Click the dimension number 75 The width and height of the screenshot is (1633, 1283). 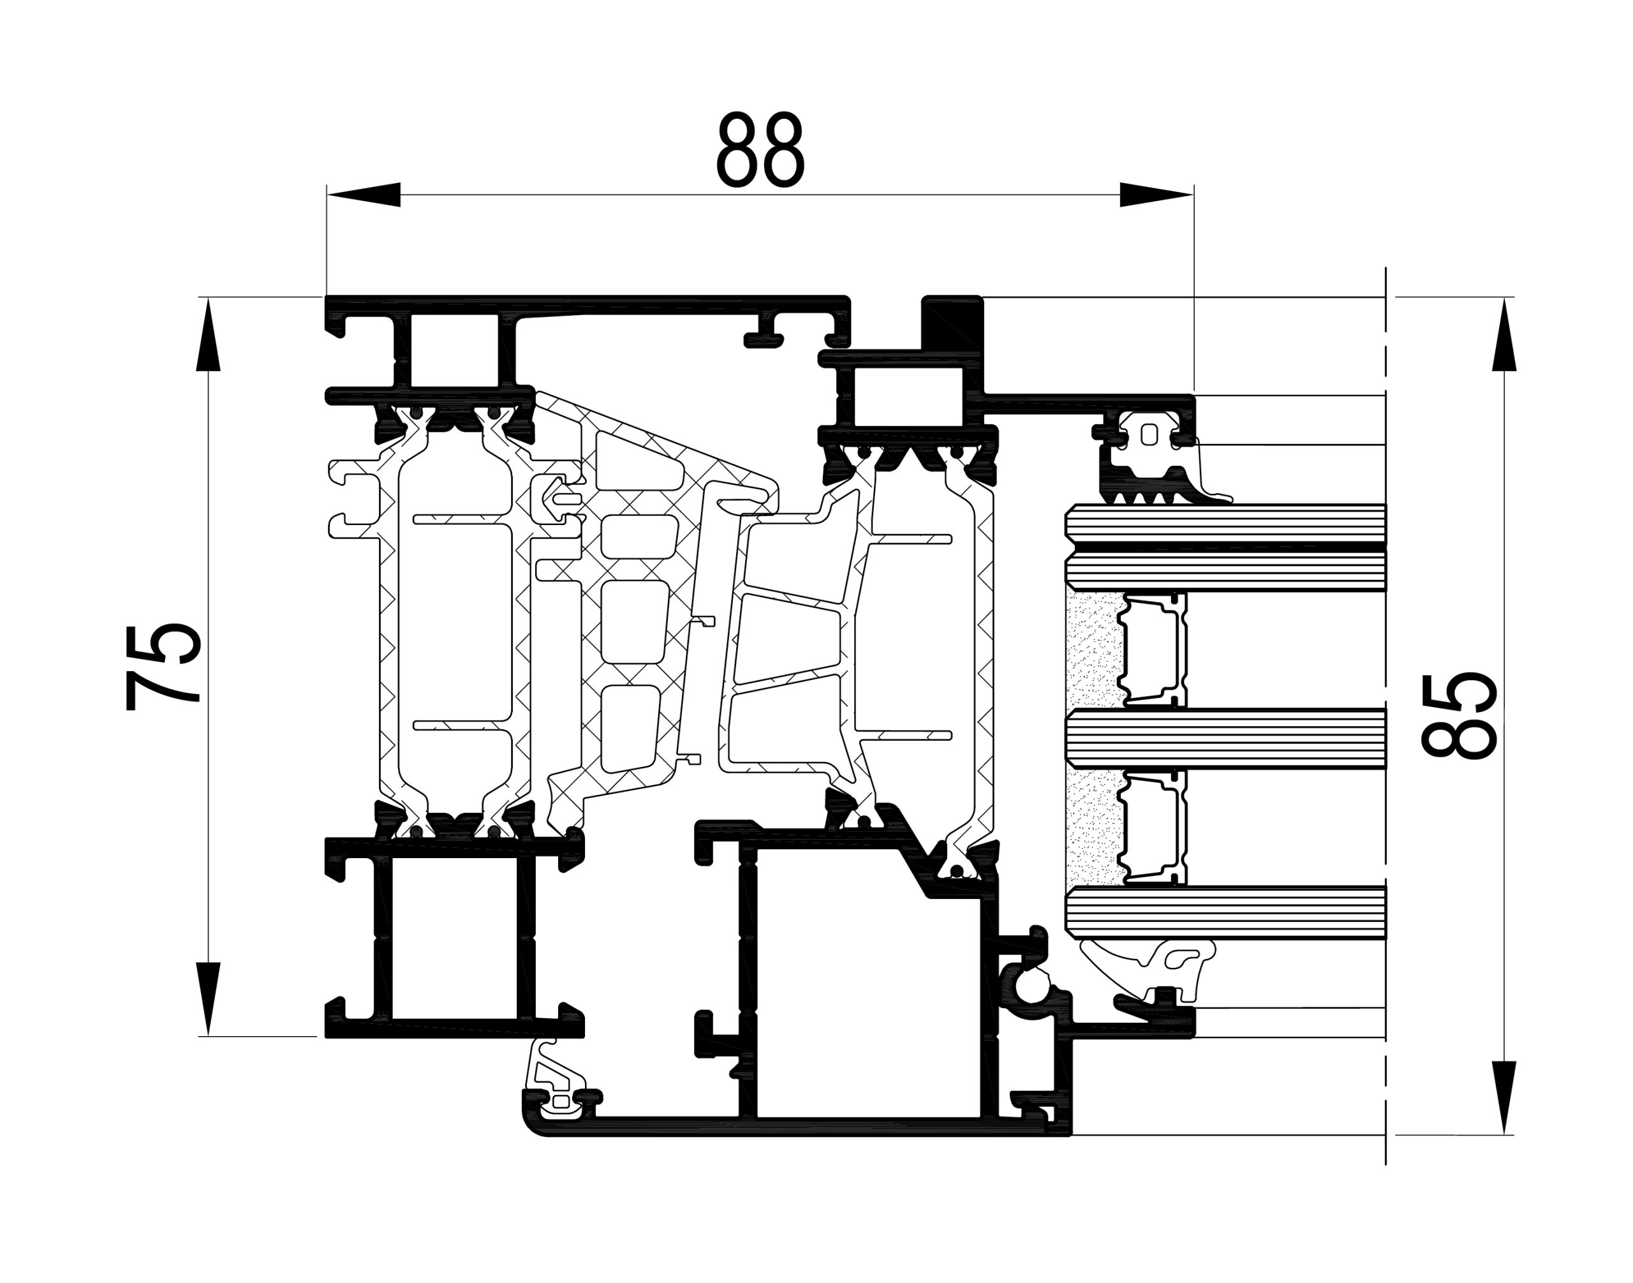click(x=164, y=665)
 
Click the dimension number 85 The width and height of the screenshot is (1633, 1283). click(x=1459, y=715)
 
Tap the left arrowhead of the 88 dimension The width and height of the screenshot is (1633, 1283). click(x=363, y=195)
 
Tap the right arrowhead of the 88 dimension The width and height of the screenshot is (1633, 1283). click(x=1156, y=195)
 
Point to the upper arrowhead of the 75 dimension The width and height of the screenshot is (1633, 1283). click(x=208, y=334)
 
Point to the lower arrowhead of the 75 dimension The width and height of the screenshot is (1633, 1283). click(x=208, y=999)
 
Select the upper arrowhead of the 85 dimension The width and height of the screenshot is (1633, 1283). click(x=1504, y=334)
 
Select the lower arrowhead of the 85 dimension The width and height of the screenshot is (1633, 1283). click(x=1504, y=1098)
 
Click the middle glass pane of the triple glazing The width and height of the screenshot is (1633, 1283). click(x=1226, y=739)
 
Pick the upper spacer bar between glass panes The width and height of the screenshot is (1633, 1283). click(x=1152, y=649)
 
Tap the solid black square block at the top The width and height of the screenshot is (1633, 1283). click(x=952, y=322)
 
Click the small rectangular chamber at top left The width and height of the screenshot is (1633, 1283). click(x=455, y=351)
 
